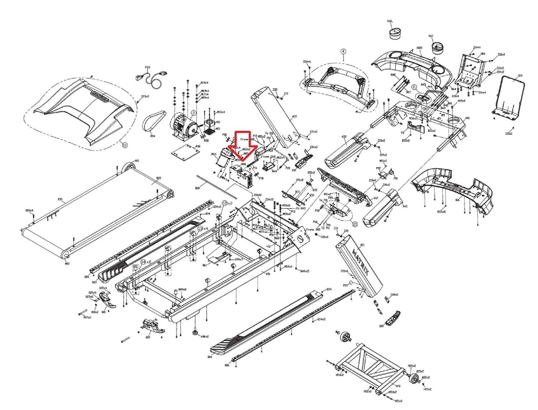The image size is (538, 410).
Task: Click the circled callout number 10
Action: (124, 145)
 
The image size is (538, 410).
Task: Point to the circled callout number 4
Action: (343, 51)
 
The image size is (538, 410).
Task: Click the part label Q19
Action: (520, 76)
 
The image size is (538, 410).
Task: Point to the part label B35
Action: (60, 198)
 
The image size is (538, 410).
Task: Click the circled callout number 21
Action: (355, 224)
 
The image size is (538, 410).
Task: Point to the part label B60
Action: (197, 188)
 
